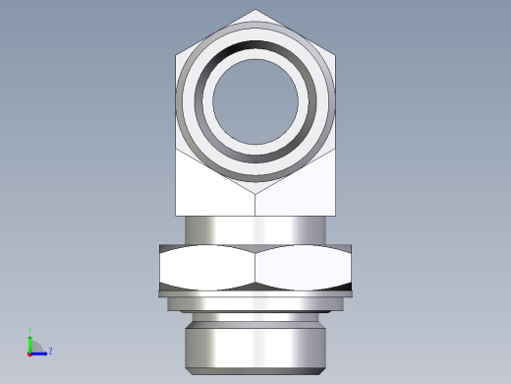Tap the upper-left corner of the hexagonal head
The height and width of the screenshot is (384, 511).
[x=177, y=53]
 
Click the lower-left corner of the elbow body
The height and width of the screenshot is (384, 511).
[x=177, y=215]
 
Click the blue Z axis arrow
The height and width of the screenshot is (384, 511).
[x=41, y=352]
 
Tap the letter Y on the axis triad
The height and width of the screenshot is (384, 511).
[x=30, y=331]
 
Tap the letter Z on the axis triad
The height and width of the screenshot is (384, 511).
[x=50, y=351]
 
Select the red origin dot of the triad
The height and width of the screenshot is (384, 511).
[x=30, y=352]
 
